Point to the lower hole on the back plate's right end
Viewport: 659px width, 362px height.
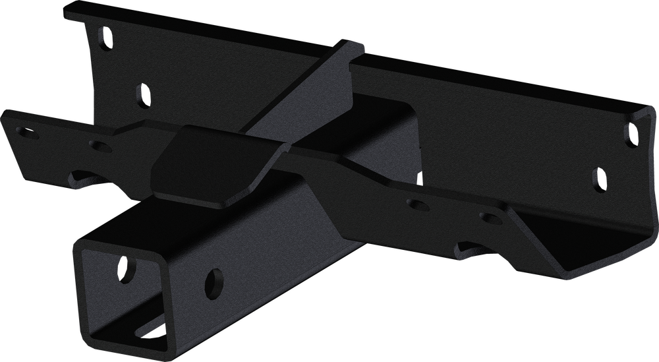599,179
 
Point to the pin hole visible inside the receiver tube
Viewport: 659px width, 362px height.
123,268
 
